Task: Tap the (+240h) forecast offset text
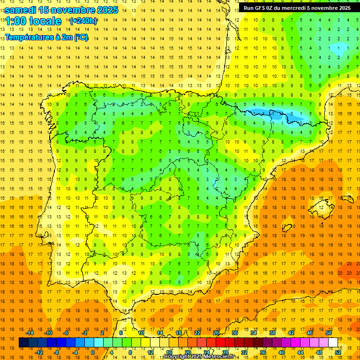tap(83, 21)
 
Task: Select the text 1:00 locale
tap(33, 21)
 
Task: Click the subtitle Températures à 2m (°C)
tap(46, 37)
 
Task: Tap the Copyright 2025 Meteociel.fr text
tap(199, 357)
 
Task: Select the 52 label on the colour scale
tap(338, 352)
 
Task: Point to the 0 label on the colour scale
tap(93, 352)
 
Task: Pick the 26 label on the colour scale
tap(216, 333)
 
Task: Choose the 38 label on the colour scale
tap(272, 333)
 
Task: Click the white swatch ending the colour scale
tap(333, 342)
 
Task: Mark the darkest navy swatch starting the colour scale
tap(23, 342)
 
